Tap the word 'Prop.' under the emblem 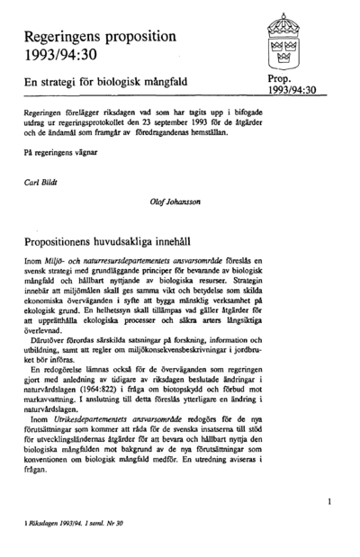(x=281, y=80)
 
